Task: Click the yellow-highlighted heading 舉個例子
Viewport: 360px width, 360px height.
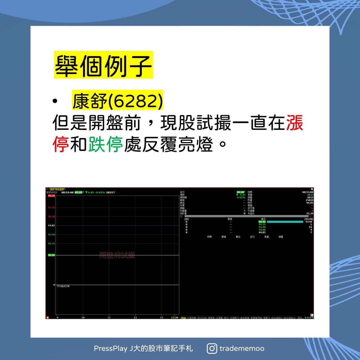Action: click(x=103, y=65)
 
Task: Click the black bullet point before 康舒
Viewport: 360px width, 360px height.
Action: click(x=55, y=101)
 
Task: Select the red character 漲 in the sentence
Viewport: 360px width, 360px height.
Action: click(x=294, y=123)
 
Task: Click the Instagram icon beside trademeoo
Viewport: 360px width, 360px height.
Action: click(x=212, y=348)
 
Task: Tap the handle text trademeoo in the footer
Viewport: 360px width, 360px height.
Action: click(x=242, y=348)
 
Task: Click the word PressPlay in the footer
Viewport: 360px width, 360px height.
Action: click(x=111, y=348)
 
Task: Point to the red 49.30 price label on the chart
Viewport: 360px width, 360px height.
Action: click(x=51, y=196)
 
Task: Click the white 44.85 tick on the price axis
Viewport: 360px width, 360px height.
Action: click(x=51, y=225)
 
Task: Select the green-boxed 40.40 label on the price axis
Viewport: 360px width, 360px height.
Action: click(x=51, y=255)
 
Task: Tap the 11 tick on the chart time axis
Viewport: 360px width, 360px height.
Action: click(x=109, y=317)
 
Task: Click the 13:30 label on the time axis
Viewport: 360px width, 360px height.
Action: click(x=174, y=317)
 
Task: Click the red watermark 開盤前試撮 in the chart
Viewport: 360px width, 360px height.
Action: click(x=117, y=255)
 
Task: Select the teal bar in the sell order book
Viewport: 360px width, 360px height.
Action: click(x=285, y=222)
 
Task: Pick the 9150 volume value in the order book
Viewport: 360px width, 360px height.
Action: click(x=309, y=222)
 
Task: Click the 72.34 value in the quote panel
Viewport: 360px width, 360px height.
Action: click(x=309, y=213)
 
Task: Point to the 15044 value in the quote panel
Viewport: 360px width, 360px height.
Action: click(x=309, y=200)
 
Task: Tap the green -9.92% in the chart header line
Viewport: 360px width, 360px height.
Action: click(x=100, y=193)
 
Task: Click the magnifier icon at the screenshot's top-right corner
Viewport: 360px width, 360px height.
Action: click(x=312, y=189)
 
